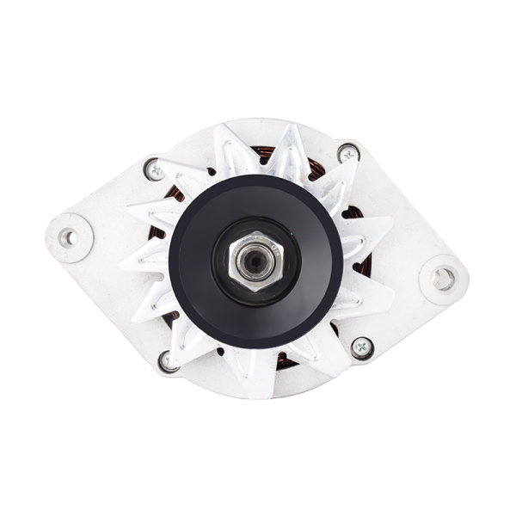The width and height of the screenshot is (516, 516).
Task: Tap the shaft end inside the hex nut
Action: pyautogui.click(x=254, y=260)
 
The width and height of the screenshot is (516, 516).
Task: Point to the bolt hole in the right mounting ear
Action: pyautogui.click(x=443, y=278)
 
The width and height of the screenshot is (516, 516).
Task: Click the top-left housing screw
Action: pyautogui.click(x=155, y=170)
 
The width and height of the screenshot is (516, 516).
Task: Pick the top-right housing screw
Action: pyautogui.click(x=347, y=154)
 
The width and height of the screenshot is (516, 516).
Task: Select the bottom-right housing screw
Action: pyautogui.click(x=362, y=348)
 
